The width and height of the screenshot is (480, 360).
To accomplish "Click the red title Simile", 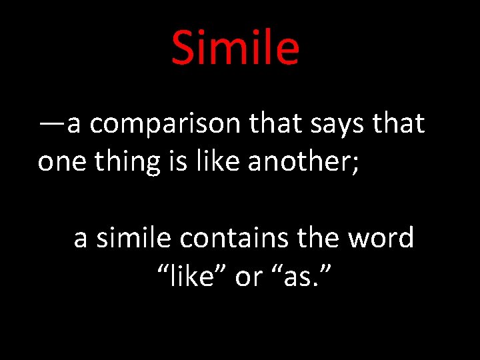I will pos(235,48).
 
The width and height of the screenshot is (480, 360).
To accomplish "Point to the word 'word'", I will pos(382,237).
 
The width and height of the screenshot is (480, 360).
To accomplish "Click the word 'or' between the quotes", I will pos(249,276).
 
